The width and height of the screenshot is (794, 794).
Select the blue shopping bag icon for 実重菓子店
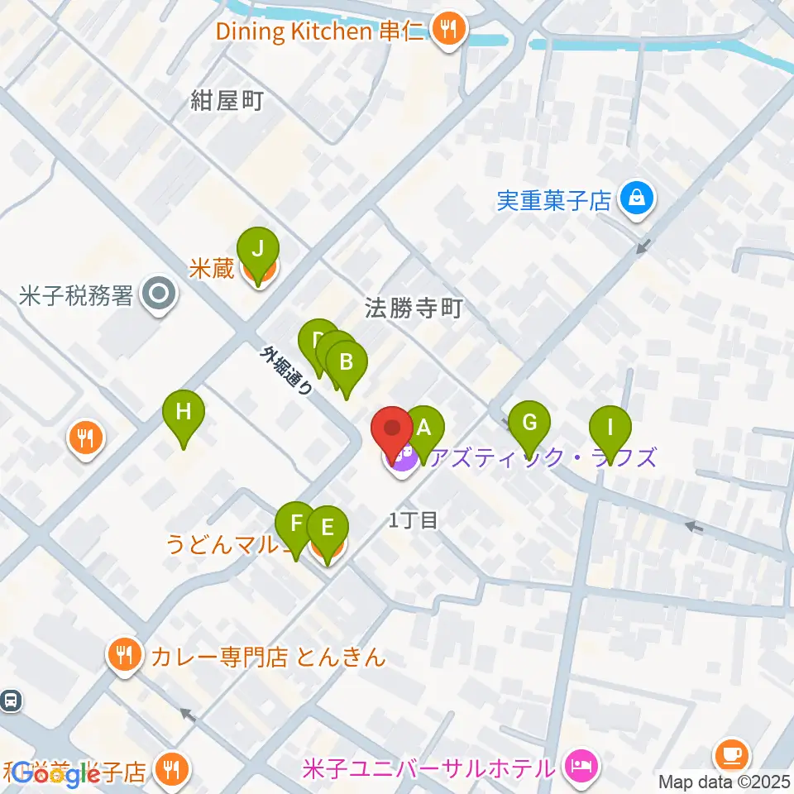pos(639,199)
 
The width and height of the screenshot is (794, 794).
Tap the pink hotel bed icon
pos(580,764)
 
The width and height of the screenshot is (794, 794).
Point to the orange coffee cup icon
pos(732,755)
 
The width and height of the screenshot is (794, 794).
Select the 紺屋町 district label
pos(227,102)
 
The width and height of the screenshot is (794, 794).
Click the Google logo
pos(56,773)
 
